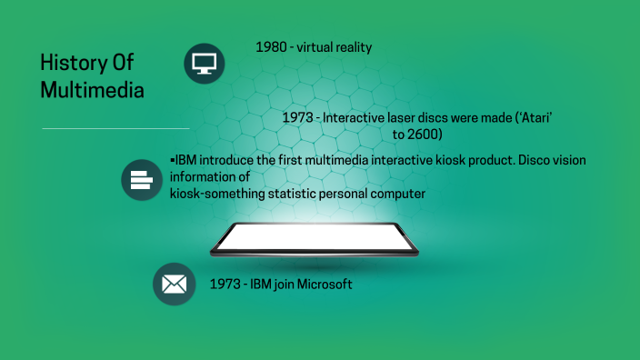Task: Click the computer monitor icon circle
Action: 204,63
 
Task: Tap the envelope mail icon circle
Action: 175,285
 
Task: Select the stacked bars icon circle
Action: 142,179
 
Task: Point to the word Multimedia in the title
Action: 91,91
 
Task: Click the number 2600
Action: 424,135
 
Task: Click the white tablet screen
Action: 315,239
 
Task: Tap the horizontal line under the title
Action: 115,128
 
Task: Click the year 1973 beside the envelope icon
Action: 225,285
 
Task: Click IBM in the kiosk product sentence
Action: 185,161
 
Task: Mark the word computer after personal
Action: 397,194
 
